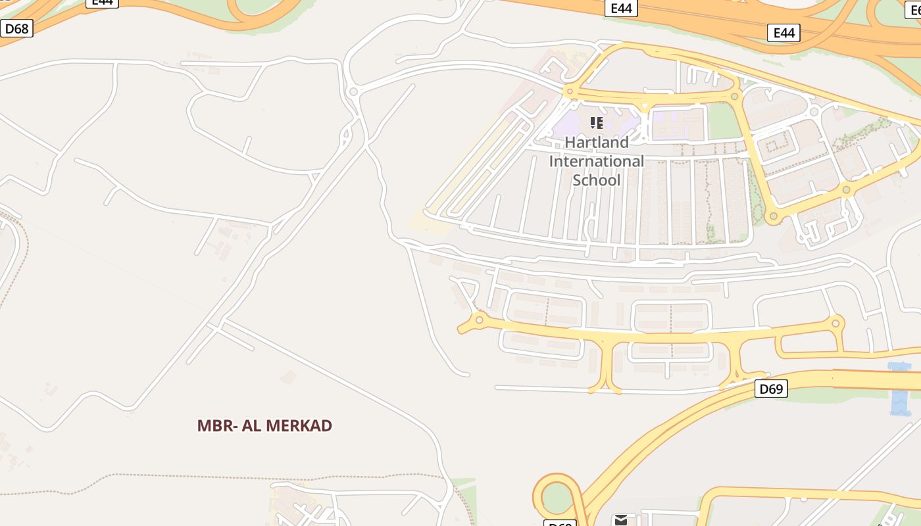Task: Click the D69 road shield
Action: point(770,389)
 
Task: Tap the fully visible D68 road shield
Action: point(16,29)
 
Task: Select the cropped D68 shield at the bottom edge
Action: point(560,523)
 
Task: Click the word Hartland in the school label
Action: point(597,142)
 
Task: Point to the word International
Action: point(597,161)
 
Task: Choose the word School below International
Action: point(597,180)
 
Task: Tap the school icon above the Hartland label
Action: point(597,123)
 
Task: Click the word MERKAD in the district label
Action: point(301,425)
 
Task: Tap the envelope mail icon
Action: point(620,520)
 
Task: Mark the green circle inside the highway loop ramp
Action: point(557,498)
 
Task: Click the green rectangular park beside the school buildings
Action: point(724,122)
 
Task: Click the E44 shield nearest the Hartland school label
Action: point(621,8)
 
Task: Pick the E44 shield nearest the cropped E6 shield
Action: point(784,33)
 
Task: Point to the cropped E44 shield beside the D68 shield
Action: point(102,3)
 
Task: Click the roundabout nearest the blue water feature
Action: point(836,323)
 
